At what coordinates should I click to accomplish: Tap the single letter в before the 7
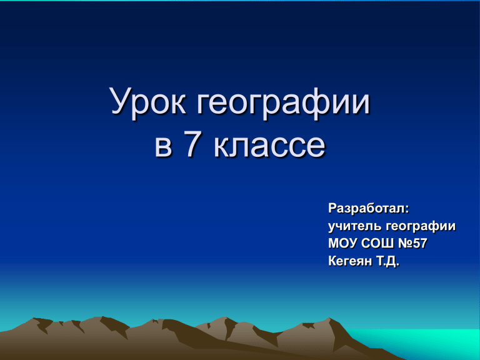(x=163, y=146)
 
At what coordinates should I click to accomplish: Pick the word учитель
(x=355, y=226)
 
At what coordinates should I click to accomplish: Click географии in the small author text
(x=421, y=227)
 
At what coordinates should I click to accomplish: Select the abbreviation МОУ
(x=342, y=244)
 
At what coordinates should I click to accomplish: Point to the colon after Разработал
(x=407, y=210)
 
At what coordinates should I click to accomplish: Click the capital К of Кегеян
(x=332, y=261)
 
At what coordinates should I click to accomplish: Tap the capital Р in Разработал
(x=332, y=209)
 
